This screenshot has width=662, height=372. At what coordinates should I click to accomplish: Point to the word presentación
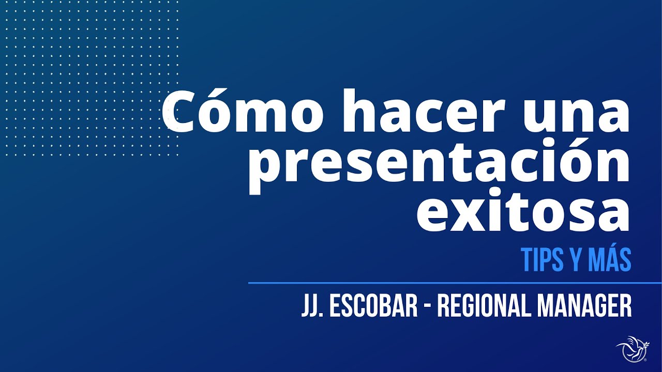tap(439, 164)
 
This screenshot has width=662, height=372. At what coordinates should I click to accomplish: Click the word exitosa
tap(523, 212)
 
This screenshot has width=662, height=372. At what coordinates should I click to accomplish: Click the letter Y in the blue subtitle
tap(574, 260)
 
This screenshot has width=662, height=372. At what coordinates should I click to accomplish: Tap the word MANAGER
tap(584, 306)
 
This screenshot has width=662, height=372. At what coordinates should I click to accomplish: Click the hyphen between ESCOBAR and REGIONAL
tap(427, 307)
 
